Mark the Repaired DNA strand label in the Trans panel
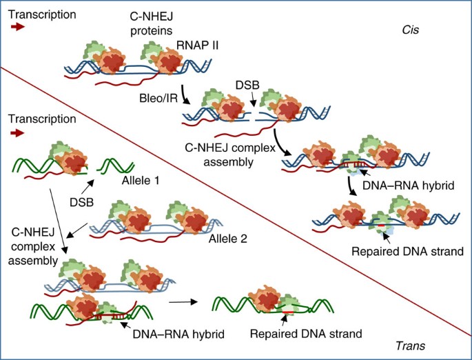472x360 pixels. tap(307, 334)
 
